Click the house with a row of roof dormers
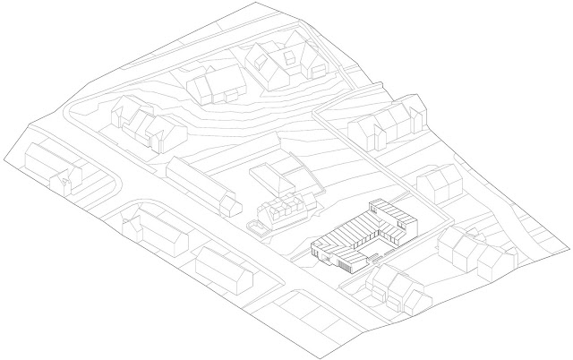(x=284, y=212)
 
